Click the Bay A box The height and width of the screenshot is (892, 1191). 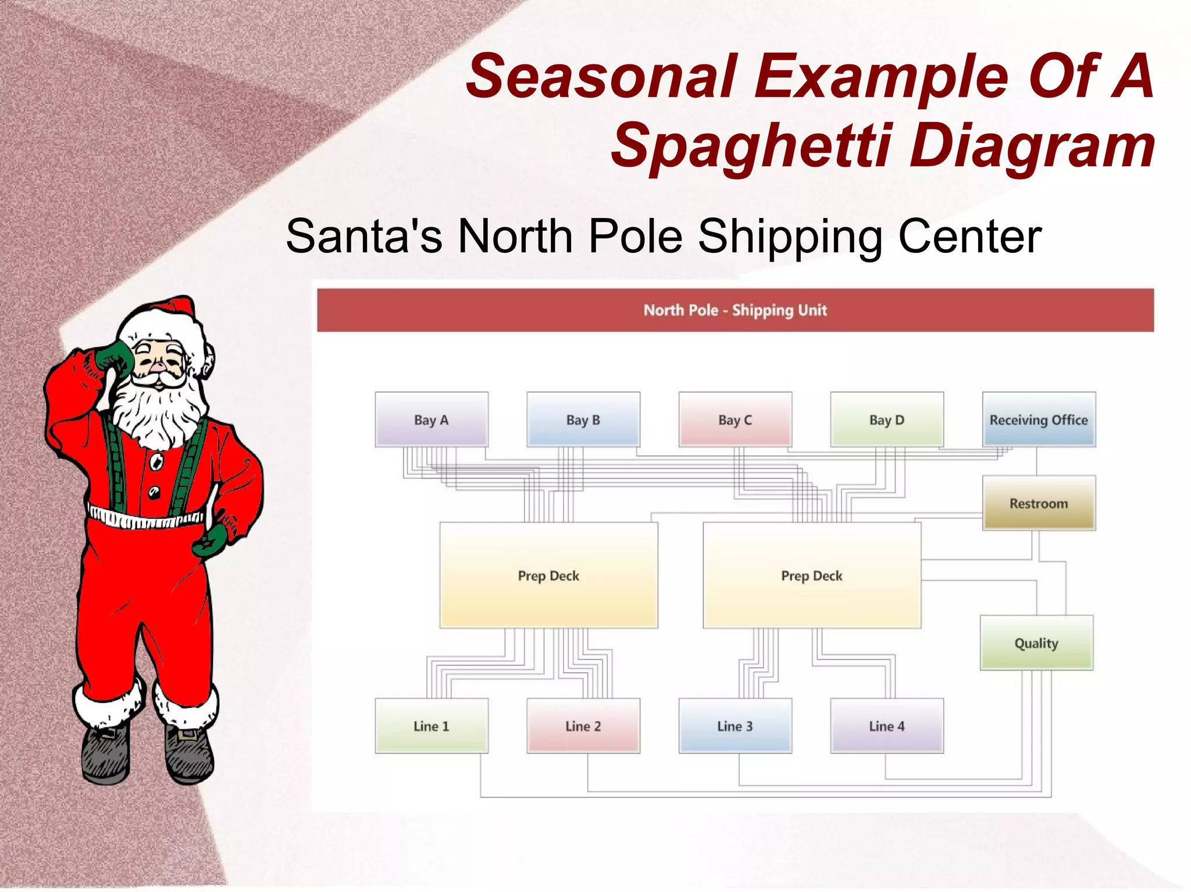point(432,420)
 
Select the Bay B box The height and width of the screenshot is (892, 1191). point(583,420)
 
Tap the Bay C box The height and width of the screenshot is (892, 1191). point(735,420)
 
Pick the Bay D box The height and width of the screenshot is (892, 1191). point(887,420)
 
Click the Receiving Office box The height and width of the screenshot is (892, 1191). point(1039,420)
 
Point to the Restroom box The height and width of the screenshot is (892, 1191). point(1039,503)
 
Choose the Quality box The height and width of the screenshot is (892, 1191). point(1036,643)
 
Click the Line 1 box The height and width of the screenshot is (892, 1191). point(432,726)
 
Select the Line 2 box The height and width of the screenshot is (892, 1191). point(583,726)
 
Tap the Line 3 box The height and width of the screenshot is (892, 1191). point(735,726)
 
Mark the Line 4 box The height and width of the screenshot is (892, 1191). point(887,726)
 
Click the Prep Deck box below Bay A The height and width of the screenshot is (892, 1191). point(548,575)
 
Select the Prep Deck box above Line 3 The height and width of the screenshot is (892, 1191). point(812,575)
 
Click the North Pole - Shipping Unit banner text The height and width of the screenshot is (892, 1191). point(735,310)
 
